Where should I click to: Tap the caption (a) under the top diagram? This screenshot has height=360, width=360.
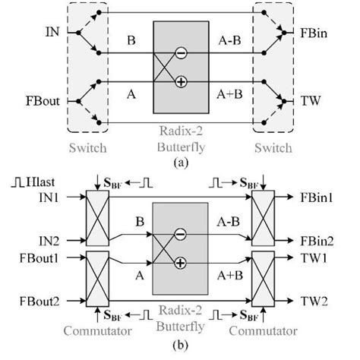coord(179,160)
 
